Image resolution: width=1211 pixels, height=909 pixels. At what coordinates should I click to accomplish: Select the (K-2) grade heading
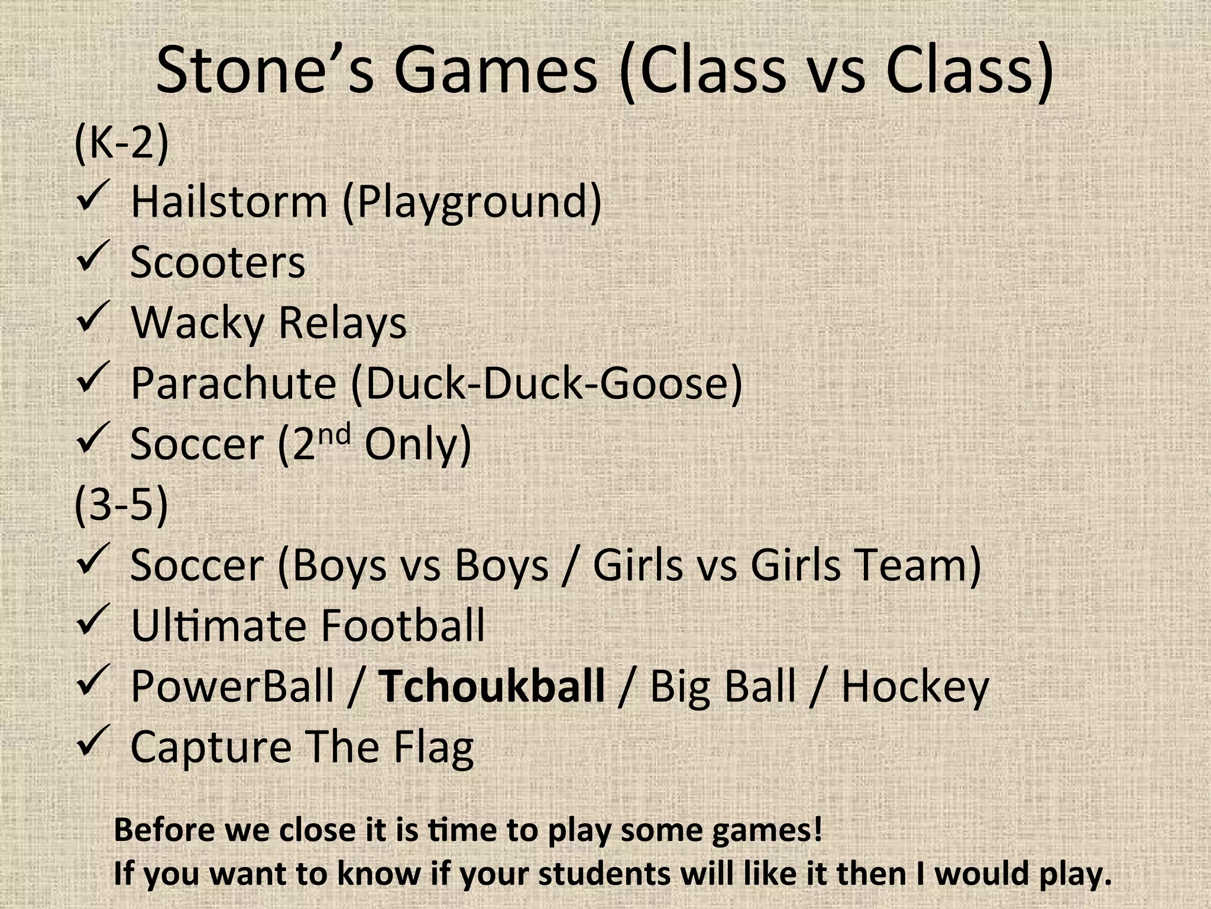(x=121, y=143)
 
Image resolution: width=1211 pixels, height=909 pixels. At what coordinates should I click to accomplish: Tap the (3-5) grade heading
(x=121, y=505)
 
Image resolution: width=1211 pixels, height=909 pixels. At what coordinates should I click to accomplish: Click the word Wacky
(x=197, y=323)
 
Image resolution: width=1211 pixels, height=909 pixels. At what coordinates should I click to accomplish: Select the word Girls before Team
(x=795, y=565)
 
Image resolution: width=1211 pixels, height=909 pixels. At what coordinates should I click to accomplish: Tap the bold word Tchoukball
(x=491, y=686)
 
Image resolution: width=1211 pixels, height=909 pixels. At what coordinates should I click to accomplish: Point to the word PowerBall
(x=232, y=686)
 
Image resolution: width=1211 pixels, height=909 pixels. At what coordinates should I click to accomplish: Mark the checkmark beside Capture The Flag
(x=92, y=740)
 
